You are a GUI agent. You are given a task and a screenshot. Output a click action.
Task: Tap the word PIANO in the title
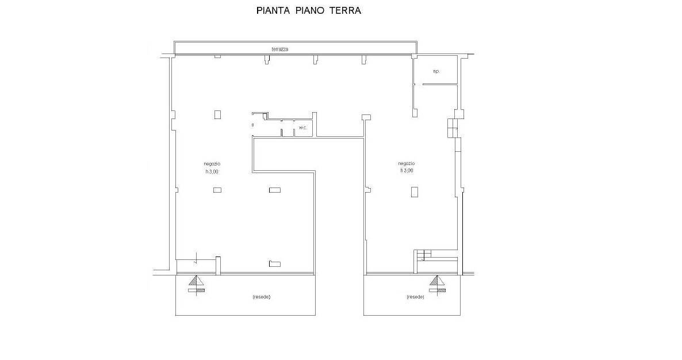click(310, 11)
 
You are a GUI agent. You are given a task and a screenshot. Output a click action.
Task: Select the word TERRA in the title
click(345, 11)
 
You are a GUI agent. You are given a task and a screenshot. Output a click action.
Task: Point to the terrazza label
click(280, 49)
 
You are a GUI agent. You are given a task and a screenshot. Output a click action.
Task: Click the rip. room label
click(436, 71)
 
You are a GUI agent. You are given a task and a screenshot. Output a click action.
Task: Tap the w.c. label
click(302, 128)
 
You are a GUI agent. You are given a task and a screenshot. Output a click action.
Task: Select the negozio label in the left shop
click(212, 164)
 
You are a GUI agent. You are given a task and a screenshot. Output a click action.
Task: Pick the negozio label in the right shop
click(406, 163)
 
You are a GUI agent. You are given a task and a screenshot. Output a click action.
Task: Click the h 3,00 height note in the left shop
click(212, 171)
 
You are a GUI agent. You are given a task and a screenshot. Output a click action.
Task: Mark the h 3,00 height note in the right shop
click(406, 171)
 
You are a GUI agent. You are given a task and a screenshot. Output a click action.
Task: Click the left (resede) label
click(261, 297)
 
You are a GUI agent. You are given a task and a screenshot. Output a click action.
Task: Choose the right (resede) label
click(415, 297)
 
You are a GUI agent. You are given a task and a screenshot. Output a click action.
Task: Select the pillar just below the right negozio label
click(415, 192)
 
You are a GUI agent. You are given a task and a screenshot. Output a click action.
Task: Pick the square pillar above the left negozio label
click(217, 114)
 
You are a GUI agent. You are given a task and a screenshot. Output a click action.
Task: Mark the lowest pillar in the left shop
click(275, 264)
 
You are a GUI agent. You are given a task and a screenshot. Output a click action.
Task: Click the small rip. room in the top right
click(436, 70)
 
